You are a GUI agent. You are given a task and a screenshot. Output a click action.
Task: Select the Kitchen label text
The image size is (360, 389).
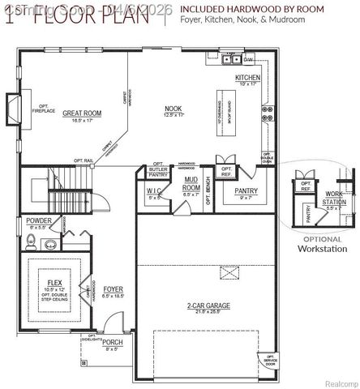click(247, 79)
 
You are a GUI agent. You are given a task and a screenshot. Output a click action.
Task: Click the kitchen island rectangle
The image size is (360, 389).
click(221, 111)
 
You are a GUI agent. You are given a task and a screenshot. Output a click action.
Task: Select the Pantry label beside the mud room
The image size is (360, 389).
click(245, 192)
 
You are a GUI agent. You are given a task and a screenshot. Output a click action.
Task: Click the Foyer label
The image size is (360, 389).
click(113, 289)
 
